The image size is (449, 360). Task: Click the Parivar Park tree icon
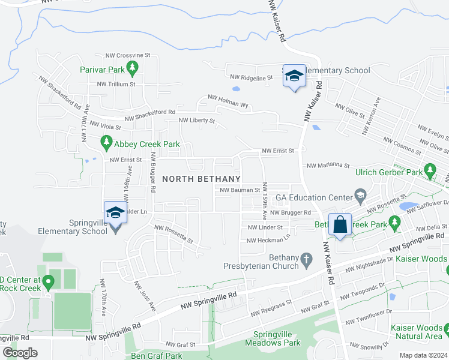(134, 67)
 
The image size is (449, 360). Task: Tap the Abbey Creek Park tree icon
(106, 142)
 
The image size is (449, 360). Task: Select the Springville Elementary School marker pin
(115, 213)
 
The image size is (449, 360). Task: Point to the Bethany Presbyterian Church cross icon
(307, 260)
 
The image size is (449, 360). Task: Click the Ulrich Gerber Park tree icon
(430, 171)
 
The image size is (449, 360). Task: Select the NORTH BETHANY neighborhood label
(202, 179)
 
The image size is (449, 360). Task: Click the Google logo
(20, 352)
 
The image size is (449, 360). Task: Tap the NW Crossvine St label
(127, 55)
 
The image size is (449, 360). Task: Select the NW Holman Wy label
(228, 100)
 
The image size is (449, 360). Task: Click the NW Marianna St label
(328, 165)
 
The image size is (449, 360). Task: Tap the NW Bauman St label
(239, 190)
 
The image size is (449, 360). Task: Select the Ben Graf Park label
(157, 356)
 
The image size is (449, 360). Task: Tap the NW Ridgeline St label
(252, 76)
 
